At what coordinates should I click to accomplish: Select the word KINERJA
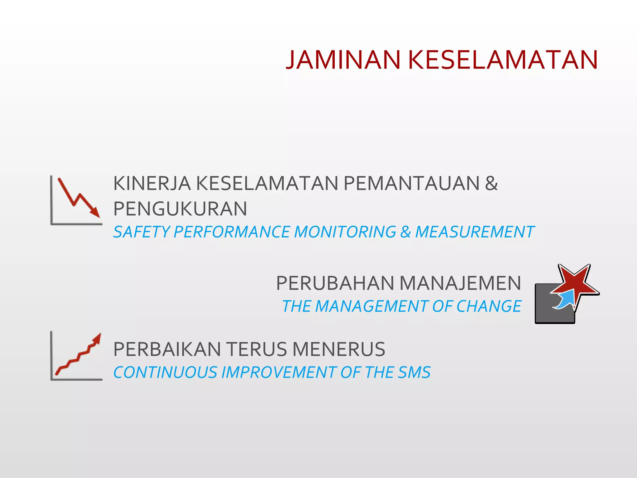click(152, 183)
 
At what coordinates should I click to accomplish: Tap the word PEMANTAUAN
click(411, 183)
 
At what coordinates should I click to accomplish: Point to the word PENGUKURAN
click(180, 209)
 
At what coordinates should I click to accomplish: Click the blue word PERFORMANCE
click(232, 232)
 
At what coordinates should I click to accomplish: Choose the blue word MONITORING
click(345, 232)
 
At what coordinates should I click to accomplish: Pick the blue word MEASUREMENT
click(475, 232)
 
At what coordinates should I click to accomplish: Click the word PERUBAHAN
click(335, 284)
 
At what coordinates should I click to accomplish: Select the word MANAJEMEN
click(460, 284)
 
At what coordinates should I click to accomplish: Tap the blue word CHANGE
click(489, 307)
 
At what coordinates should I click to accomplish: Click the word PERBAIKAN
click(167, 349)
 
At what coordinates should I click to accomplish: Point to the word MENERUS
click(339, 349)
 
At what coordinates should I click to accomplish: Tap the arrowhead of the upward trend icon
click(97, 338)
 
